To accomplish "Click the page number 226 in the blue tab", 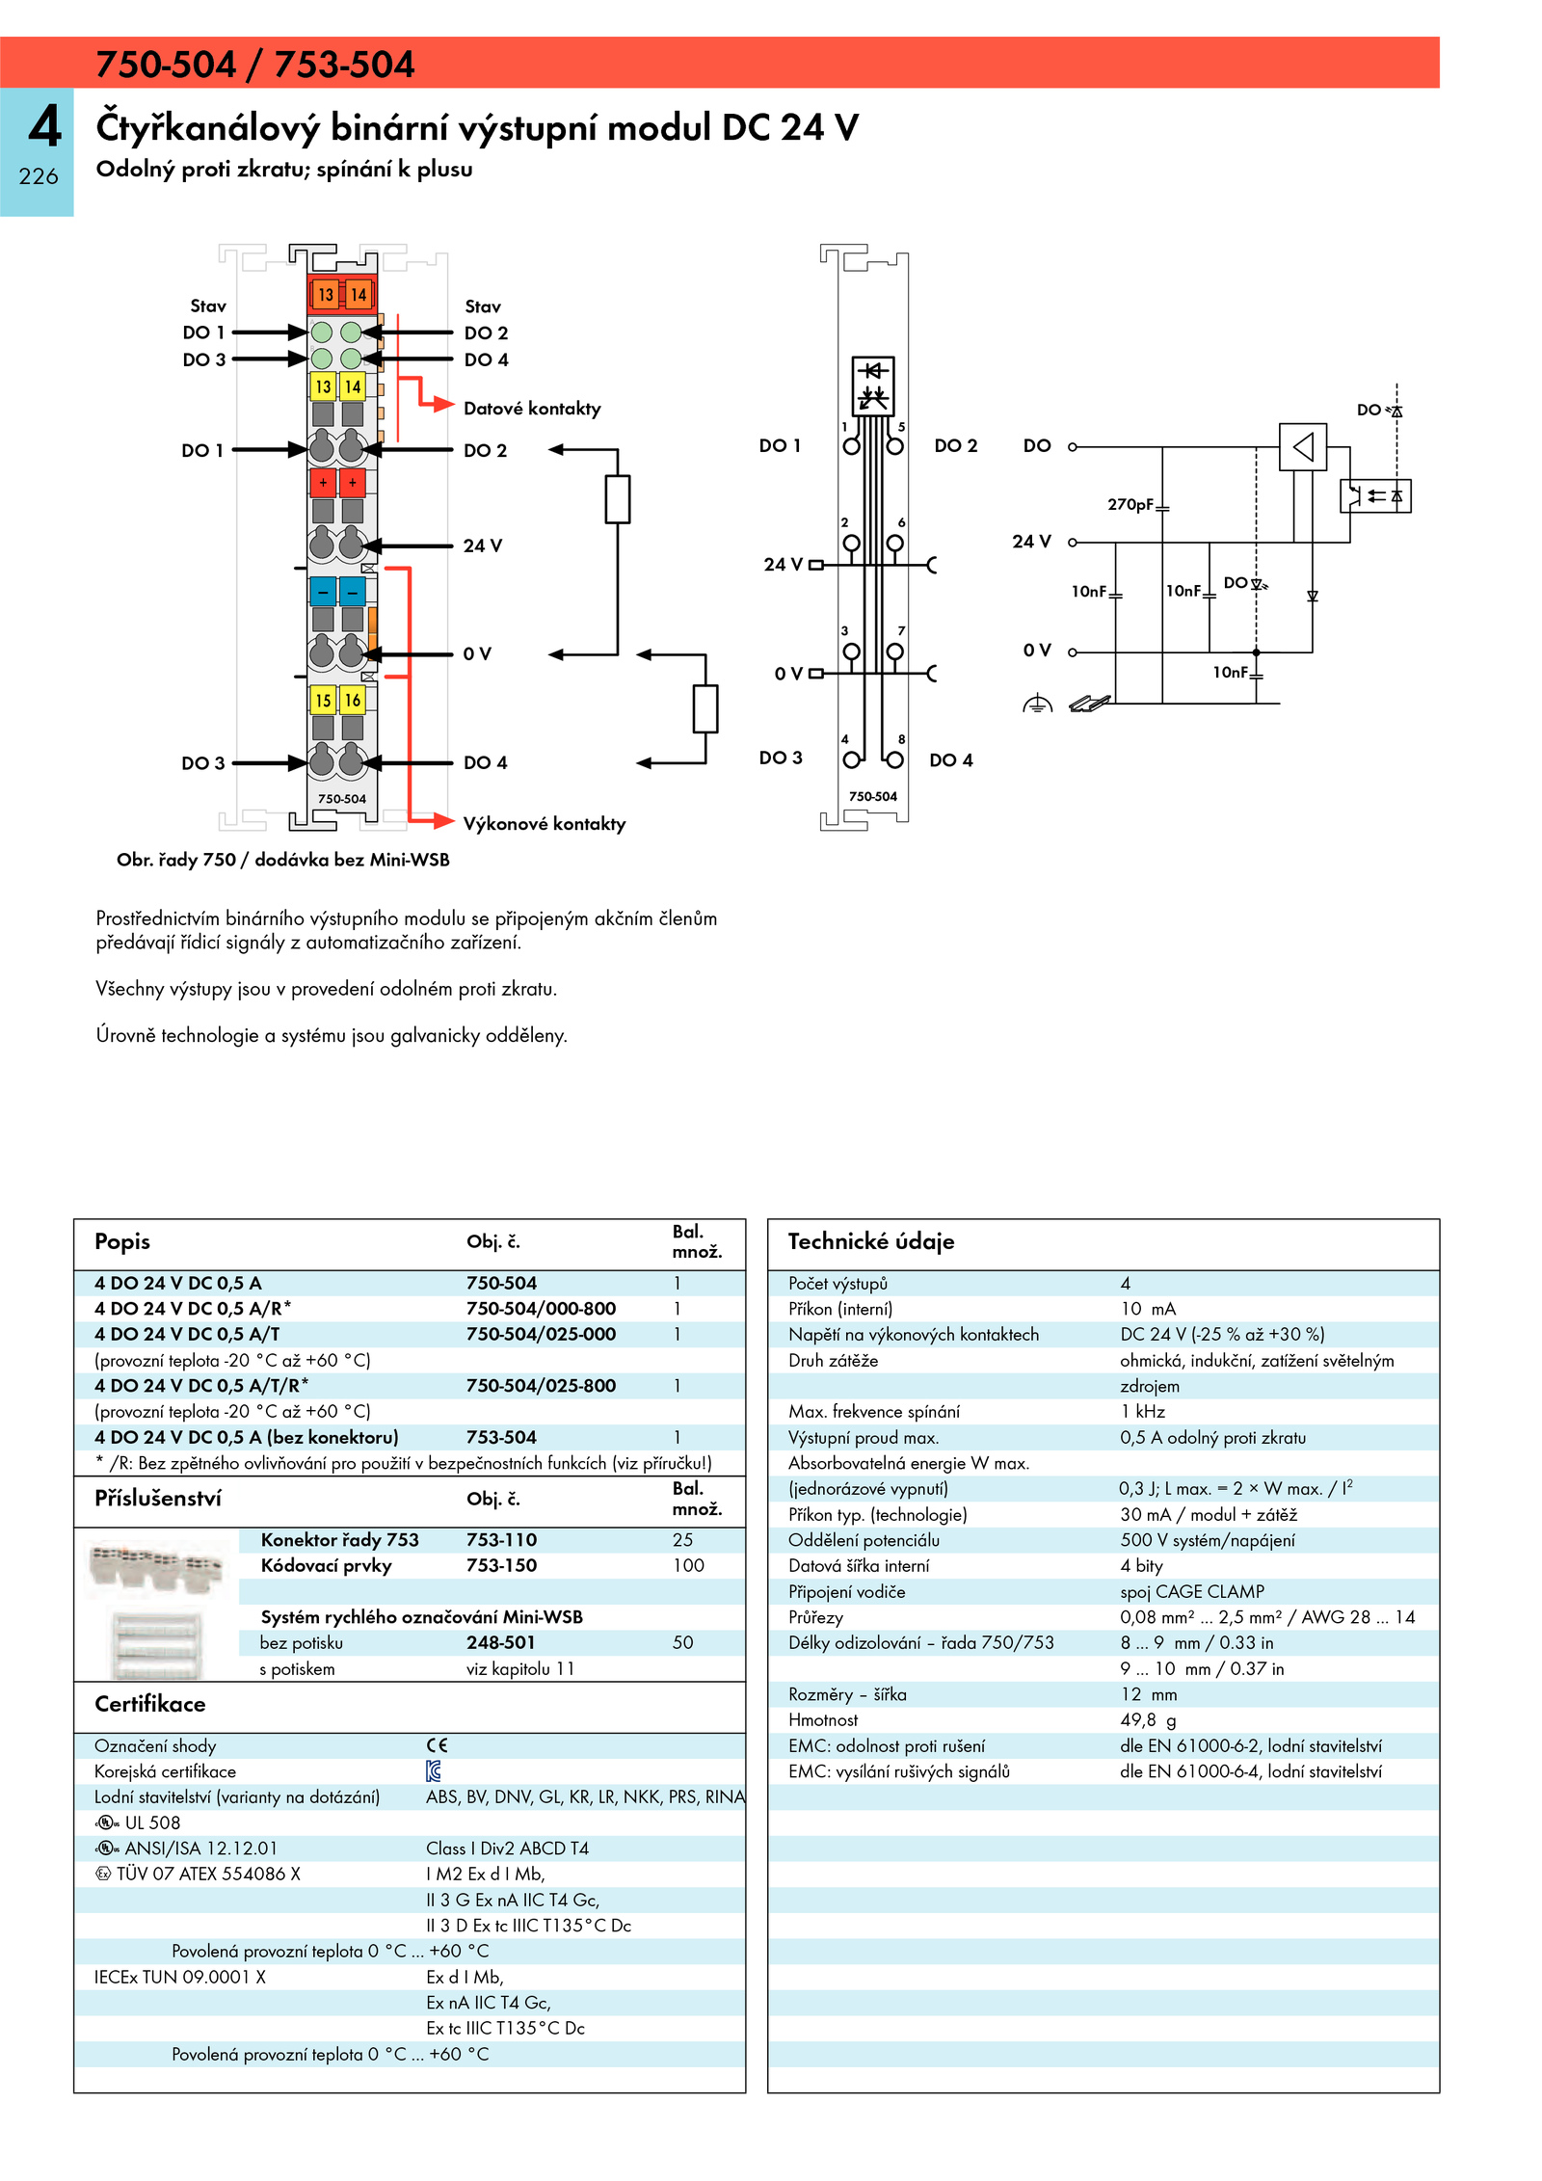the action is click(39, 176).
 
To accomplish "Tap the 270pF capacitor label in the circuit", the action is click(1130, 504).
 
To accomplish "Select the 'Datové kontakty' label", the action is click(532, 409).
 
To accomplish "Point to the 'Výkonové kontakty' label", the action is click(545, 824).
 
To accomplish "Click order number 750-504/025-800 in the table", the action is click(541, 1386).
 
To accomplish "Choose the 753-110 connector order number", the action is click(501, 1540).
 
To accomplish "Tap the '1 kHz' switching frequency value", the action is click(1143, 1412).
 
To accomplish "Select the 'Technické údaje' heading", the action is click(871, 1241).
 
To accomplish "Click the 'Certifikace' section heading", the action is click(150, 1704).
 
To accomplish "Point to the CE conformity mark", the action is click(438, 1745).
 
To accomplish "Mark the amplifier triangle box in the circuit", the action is click(1303, 447).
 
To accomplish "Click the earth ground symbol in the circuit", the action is click(1037, 705).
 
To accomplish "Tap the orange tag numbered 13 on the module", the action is click(326, 295).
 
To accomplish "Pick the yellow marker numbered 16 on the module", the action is click(353, 701).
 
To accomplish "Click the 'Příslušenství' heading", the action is click(158, 1499).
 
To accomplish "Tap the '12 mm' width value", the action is click(1149, 1694).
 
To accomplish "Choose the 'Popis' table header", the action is click(122, 1242).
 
